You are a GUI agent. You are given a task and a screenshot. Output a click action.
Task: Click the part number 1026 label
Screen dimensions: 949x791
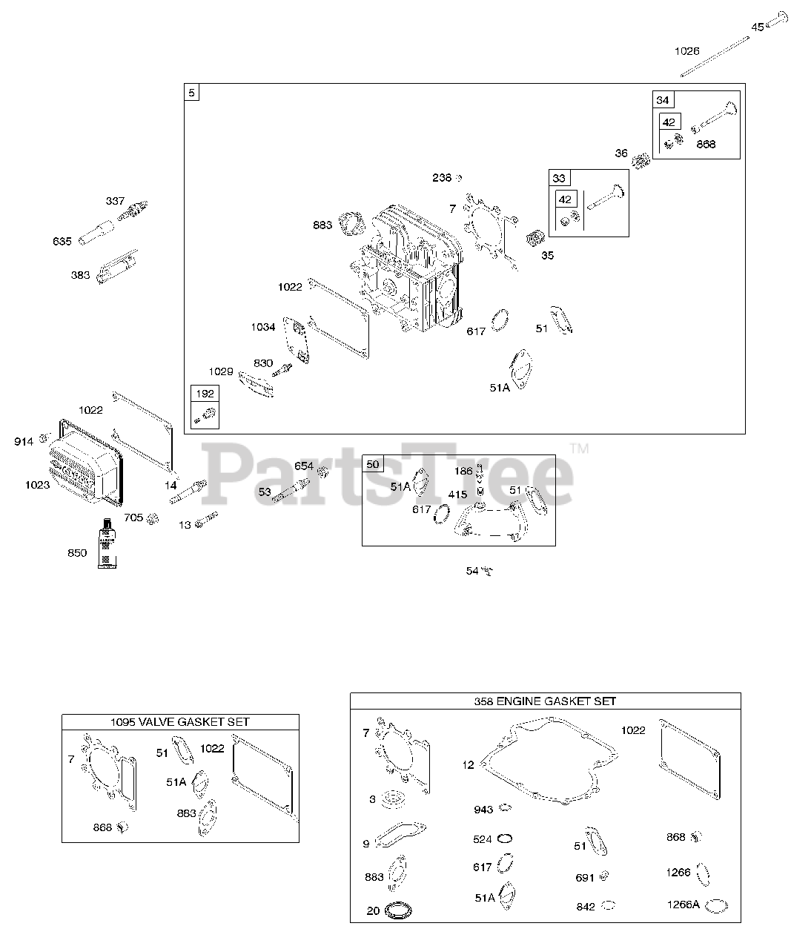[x=686, y=50]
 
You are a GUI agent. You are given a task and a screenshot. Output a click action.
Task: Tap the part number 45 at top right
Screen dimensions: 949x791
[x=757, y=27]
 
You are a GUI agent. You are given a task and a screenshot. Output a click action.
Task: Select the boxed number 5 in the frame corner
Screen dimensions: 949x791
[x=192, y=93]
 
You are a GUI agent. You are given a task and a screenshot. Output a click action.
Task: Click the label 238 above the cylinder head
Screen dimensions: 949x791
[x=442, y=178]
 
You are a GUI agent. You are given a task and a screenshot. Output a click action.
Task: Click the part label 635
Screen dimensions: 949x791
[x=62, y=241]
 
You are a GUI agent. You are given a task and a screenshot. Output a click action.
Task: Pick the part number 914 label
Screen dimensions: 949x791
[x=24, y=441]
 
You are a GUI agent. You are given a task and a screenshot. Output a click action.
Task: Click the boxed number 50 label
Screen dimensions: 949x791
[x=372, y=464]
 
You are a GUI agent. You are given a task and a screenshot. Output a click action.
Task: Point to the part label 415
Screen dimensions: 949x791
[x=457, y=495]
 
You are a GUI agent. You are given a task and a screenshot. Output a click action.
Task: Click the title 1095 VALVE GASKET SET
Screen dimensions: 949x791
[x=180, y=721]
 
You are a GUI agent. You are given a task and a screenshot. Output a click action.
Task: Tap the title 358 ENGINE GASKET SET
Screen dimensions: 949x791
[x=545, y=701]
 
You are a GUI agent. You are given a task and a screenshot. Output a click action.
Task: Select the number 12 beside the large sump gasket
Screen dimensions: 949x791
[x=468, y=764]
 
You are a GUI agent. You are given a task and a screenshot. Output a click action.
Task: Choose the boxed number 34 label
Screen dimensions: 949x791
[x=662, y=100]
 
